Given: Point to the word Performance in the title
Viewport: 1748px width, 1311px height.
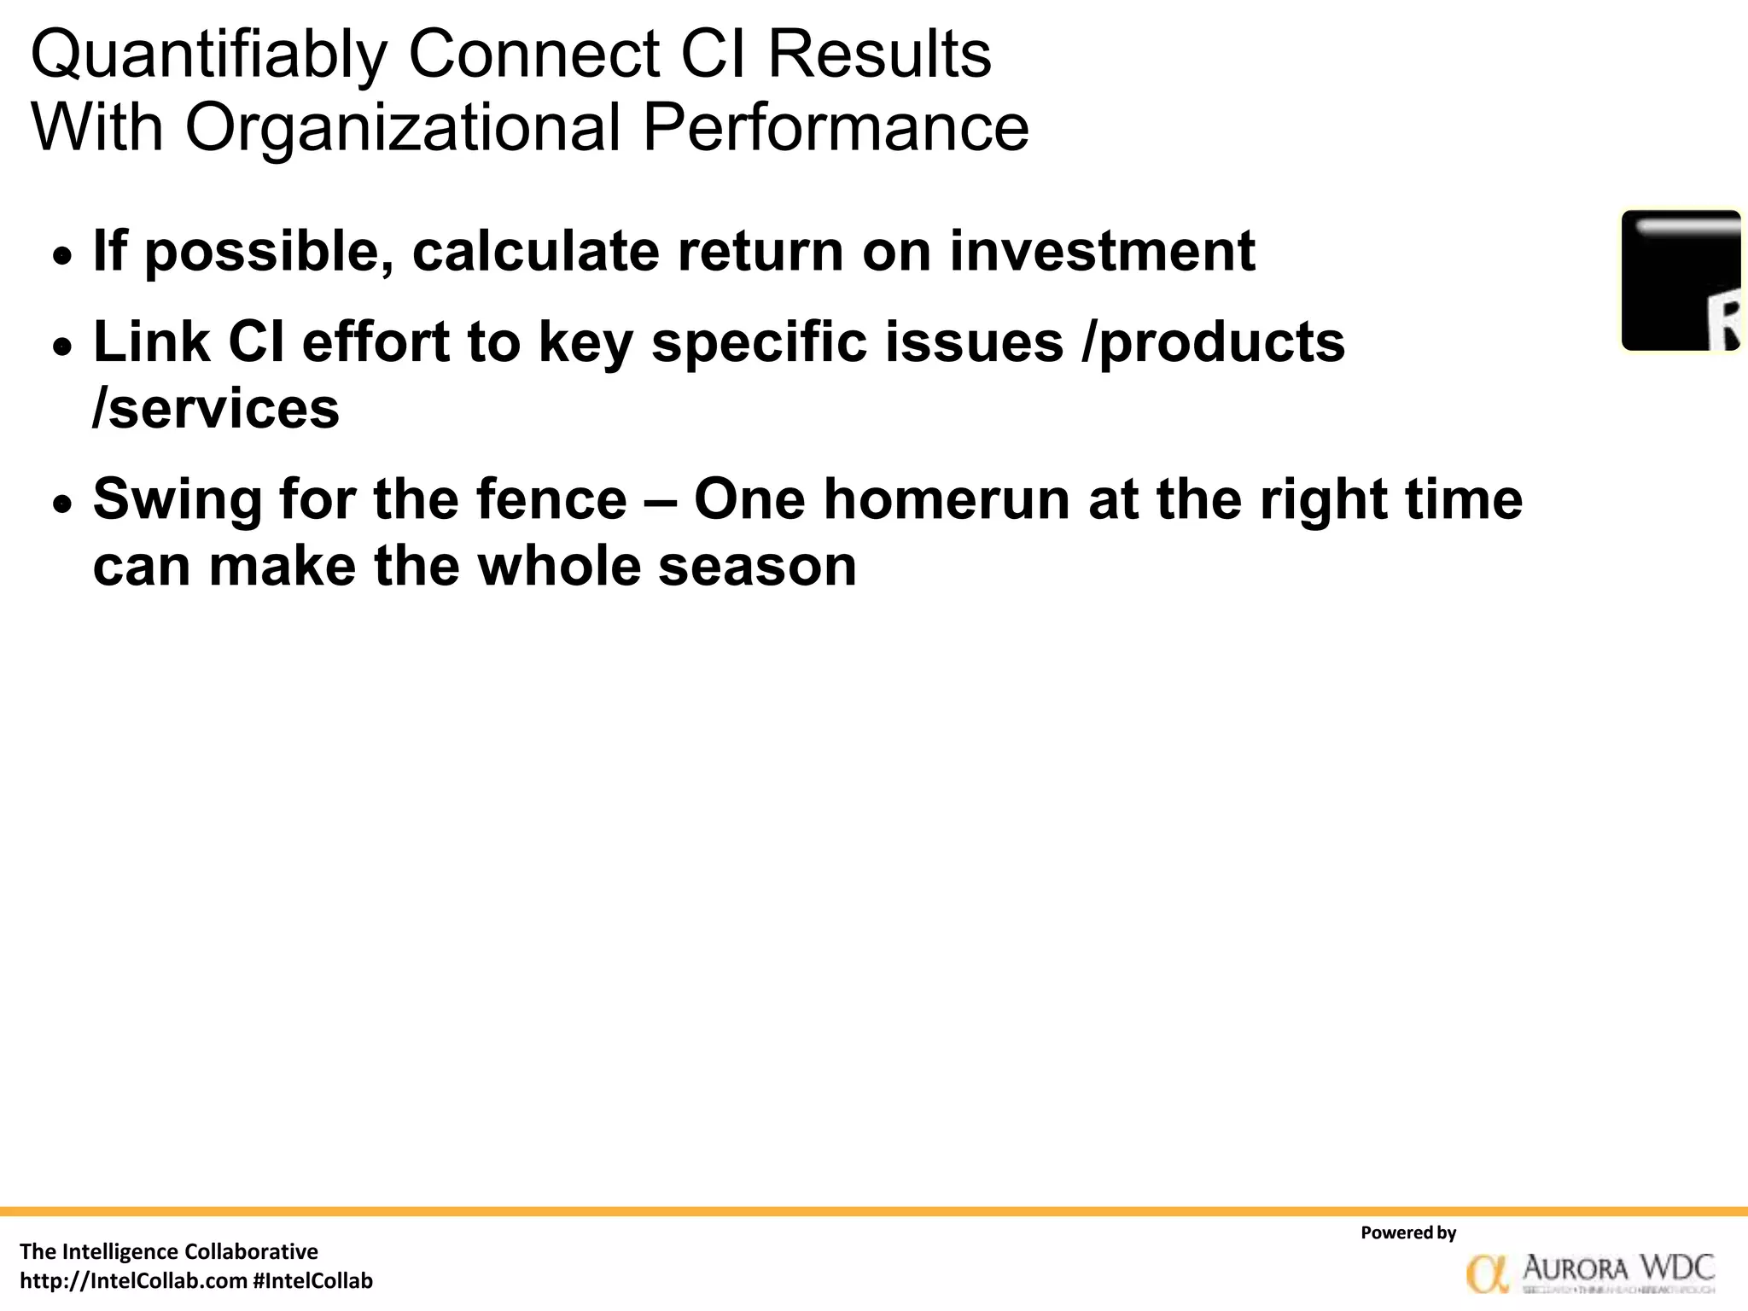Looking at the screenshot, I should coord(836,128).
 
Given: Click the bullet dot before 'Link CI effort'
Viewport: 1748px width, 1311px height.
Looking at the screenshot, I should coord(62,346).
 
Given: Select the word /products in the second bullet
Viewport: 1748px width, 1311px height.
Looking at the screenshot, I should coord(1213,343).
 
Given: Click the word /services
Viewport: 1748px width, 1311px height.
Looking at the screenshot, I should coord(216,409).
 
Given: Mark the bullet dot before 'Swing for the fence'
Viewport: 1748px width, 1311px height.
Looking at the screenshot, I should coord(62,504).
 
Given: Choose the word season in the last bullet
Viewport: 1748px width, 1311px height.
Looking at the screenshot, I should coord(757,566).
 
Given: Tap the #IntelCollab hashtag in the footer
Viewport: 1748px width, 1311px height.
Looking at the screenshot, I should coord(313,1281).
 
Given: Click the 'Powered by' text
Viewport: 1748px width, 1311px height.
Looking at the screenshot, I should coord(1408,1232).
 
